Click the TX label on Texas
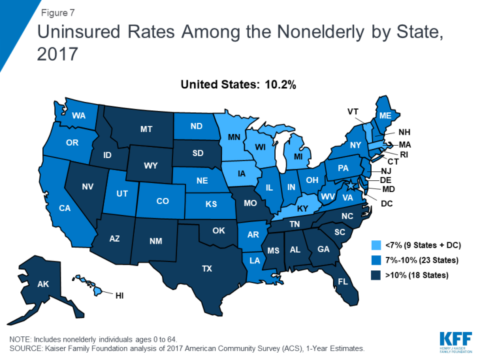click(x=206, y=268)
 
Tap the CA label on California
click(x=65, y=208)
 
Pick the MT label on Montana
click(x=147, y=129)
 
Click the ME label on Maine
click(x=385, y=115)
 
